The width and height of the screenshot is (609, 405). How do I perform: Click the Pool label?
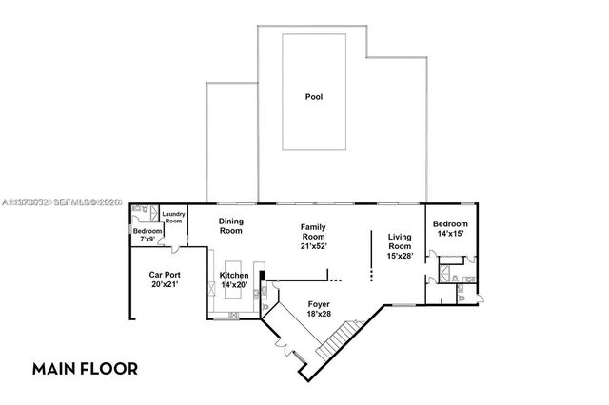[x=313, y=96]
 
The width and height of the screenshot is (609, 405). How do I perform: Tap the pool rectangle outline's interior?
[x=313, y=124]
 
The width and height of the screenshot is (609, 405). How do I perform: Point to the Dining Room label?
[x=230, y=225]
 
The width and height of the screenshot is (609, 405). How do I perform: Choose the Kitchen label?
[x=235, y=275]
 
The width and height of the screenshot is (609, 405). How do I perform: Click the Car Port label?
[x=165, y=275]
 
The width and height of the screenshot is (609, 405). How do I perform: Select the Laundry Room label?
[x=173, y=218]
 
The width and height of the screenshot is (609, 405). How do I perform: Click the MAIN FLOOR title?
[x=86, y=368]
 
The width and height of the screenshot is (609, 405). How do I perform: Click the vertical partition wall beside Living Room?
[x=372, y=254]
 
